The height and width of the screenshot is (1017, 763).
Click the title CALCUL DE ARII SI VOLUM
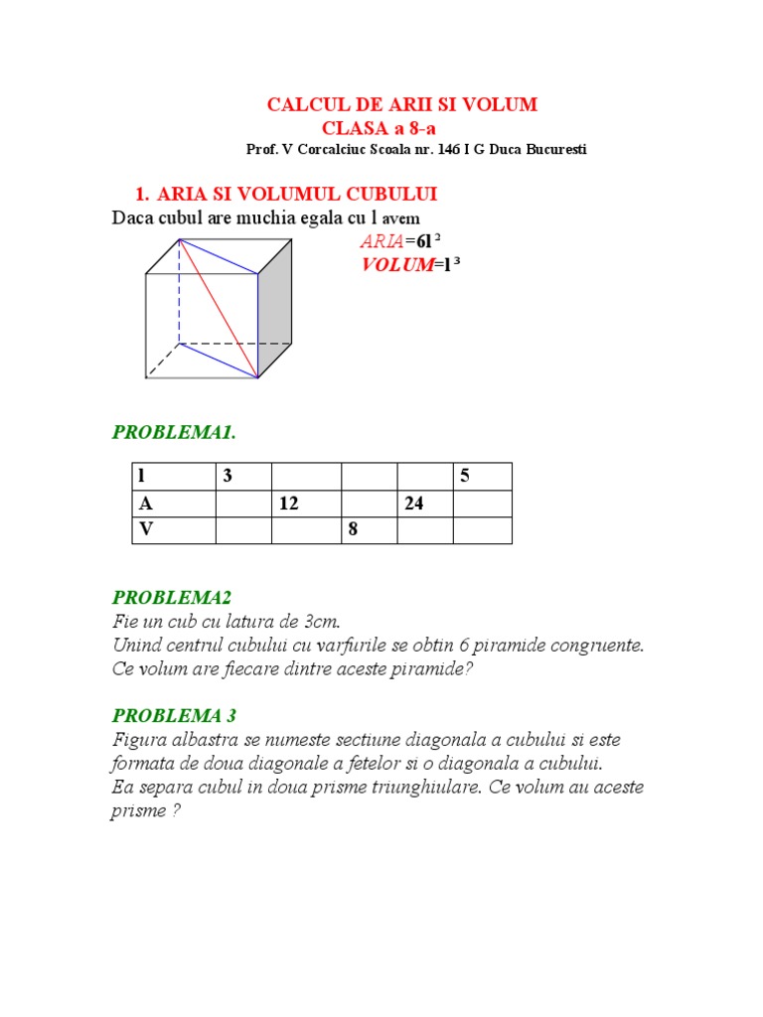coord(402,104)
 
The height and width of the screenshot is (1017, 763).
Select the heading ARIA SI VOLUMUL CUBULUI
coord(297,193)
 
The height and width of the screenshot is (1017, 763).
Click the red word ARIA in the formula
coord(381,240)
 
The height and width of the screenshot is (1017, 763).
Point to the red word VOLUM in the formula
coord(396,264)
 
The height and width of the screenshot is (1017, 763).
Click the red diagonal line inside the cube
coord(219,308)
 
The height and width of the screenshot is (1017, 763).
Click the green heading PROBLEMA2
coord(171,597)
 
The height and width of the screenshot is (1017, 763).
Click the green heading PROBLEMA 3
coord(174,715)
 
